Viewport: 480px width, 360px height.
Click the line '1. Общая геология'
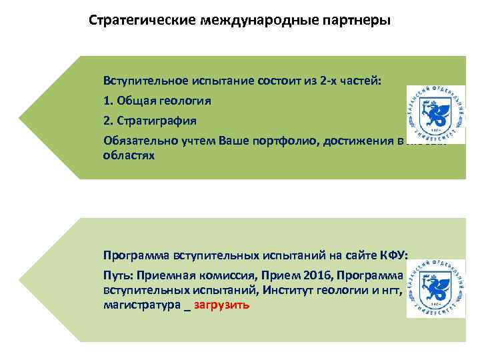click(x=157, y=101)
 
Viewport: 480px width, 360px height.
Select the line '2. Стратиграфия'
click(x=150, y=121)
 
